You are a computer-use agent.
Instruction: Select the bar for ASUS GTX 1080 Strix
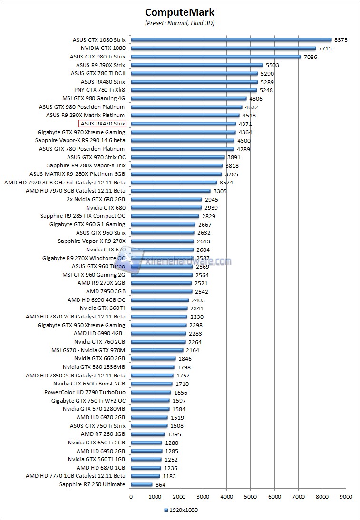pyautogui.click(x=231, y=40)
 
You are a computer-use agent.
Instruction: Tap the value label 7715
pyautogui.click(x=325, y=48)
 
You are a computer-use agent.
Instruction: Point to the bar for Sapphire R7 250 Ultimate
pyautogui.click(x=142, y=485)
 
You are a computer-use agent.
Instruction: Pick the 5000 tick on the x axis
pyautogui.click(x=251, y=497)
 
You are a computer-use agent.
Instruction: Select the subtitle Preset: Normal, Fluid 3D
pyautogui.click(x=180, y=23)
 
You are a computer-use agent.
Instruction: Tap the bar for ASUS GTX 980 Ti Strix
pyautogui.click(x=215, y=57)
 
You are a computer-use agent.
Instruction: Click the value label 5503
pyautogui.click(x=272, y=65)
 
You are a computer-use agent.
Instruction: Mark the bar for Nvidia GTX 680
pyautogui.click(x=166, y=208)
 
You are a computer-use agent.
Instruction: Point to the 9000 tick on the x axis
pyautogui.click(x=346, y=497)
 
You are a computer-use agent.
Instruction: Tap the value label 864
pyautogui.click(x=160, y=485)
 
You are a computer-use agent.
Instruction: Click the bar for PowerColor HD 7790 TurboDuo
pyautogui.click(x=151, y=393)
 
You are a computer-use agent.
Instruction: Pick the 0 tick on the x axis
pyautogui.click(x=131, y=497)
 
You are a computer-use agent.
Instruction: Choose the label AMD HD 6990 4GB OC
pyautogui.click(x=97, y=300)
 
